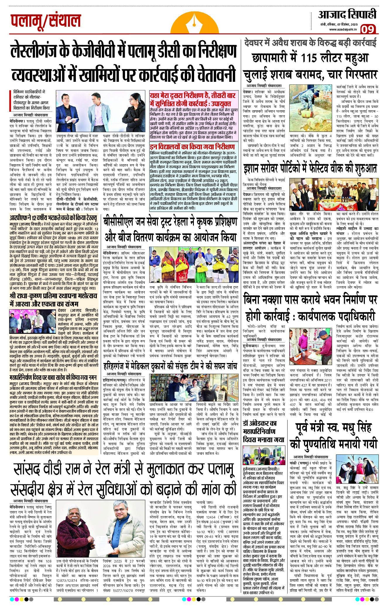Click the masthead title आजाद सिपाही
[x=347, y=14]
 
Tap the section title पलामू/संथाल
[x=46, y=21]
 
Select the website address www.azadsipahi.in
[x=343, y=29]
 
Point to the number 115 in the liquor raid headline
[x=313, y=58]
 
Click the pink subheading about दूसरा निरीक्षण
[x=193, y=100]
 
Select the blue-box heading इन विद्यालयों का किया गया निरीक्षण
[x=192, y=146]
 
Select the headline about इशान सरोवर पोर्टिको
[x=310, y=169]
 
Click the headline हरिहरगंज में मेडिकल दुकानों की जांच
[x=170, y=366]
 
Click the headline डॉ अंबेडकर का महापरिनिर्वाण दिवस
[x=264, y=431]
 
